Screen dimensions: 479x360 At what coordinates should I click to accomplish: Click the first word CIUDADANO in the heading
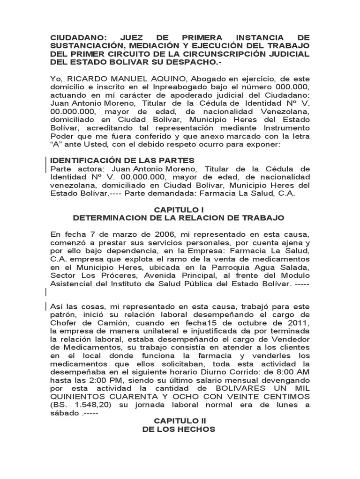(78, 37)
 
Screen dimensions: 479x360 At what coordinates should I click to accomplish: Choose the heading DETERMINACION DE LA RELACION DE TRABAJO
(179, 218)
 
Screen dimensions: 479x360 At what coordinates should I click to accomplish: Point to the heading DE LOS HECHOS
(179, 429)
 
